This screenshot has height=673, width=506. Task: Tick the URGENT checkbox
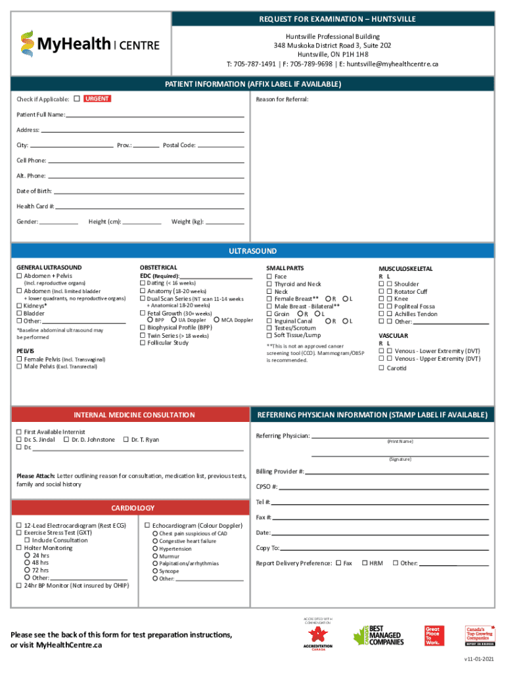point(77,99)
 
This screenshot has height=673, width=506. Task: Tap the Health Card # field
point(150,206)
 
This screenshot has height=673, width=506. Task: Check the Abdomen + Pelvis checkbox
point(19,276)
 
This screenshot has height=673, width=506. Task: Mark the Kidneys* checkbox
point(19,306)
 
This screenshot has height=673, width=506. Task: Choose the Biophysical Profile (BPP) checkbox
point(143,327)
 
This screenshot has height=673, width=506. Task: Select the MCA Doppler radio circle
point(217,320)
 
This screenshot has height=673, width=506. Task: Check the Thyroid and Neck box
point(269,284)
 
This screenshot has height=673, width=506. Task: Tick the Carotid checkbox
point(381,368)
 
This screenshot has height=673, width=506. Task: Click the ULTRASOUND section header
point(252,251)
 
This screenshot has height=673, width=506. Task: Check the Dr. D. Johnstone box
point(66,440)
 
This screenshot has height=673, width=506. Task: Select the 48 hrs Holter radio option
point(27,563)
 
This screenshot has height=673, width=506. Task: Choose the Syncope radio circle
point(155,571)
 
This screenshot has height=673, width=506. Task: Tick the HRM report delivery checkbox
point(365,563)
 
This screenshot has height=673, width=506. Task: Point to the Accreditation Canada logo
point(318,637)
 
